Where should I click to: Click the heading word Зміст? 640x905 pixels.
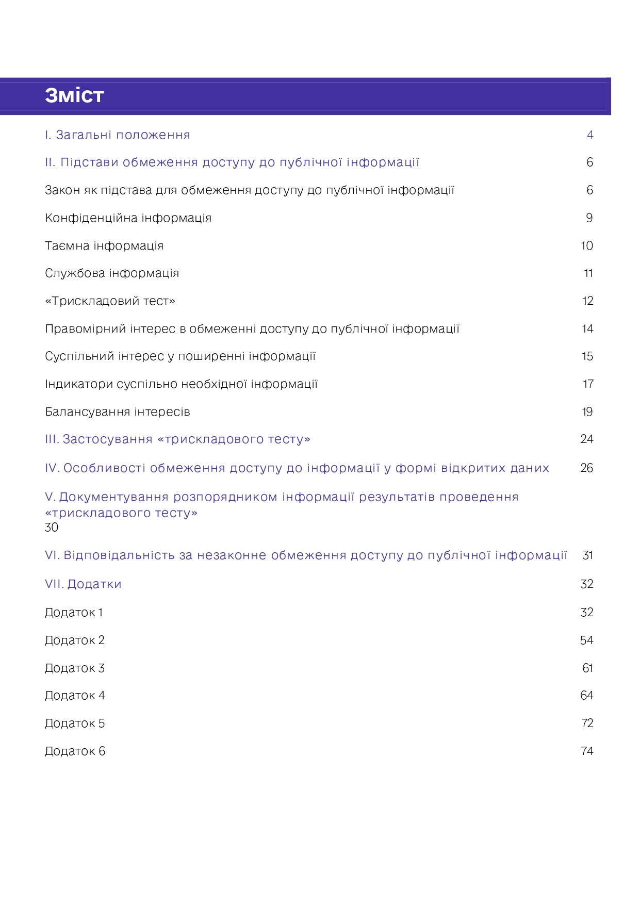tap(74, 96)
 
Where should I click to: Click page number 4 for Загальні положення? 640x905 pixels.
tap(590, 135)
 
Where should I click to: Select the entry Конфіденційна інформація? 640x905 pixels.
tap(128, 218)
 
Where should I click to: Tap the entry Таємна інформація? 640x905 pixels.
tap(104, 246)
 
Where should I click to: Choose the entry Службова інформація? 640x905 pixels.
tap(112, 273)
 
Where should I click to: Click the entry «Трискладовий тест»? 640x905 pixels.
tap(110, 301)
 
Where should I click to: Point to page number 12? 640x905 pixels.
tap(587, 301)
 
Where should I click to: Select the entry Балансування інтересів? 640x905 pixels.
tap(118, 412)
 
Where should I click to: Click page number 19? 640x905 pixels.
tap(587, 412)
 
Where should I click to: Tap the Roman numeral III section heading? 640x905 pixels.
tap(177, 439)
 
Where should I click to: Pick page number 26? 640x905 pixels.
tap(587, 468)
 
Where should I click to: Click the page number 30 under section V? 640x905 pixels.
tap(52, 528)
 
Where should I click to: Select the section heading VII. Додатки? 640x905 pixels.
tap(83, 584)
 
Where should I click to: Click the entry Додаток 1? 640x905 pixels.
tap(74, 613)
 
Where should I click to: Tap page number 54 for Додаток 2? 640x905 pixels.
tap(587, 640)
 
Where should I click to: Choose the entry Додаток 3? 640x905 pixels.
tap(75, 668)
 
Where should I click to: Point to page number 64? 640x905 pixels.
tap(587, 696)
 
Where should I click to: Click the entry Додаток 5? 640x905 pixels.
tap(75, 723)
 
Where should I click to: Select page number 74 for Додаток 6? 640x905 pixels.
tap(587, 751)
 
